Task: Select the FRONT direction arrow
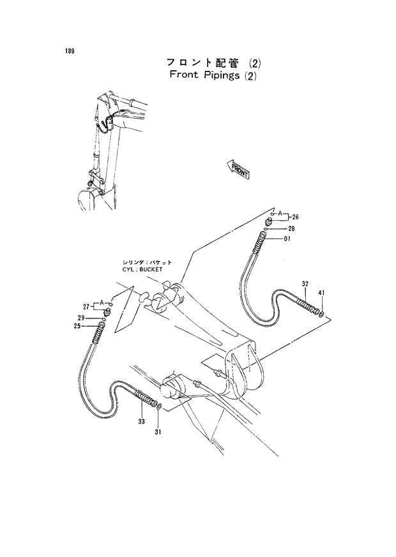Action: pyautogui.click(x=237, y=168)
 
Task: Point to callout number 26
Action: pyautogui.click(x=295, y=217)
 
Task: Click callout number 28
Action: pyautogui.click(x=291, y=228)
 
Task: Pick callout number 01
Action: pyautogui.click(x=287, y=239)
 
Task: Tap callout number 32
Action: pyautogui.click(x=305, y=283)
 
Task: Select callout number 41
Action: pyautogui.click(x=322, y=293)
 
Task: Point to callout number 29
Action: pyautogui.click(x=81, y=318)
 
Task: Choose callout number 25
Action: pyautogui.click(x=77, y=327)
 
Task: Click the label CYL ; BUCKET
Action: pyautogui.click(x=142, y=270)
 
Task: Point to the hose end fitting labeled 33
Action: pyautogui.click(x=146, y=399)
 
